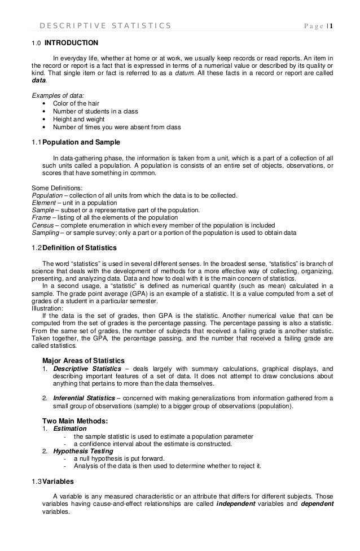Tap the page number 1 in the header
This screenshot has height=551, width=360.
331,25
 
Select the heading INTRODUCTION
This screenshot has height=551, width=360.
71,42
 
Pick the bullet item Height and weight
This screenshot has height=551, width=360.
78,119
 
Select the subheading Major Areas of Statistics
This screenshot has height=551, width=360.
84,361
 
